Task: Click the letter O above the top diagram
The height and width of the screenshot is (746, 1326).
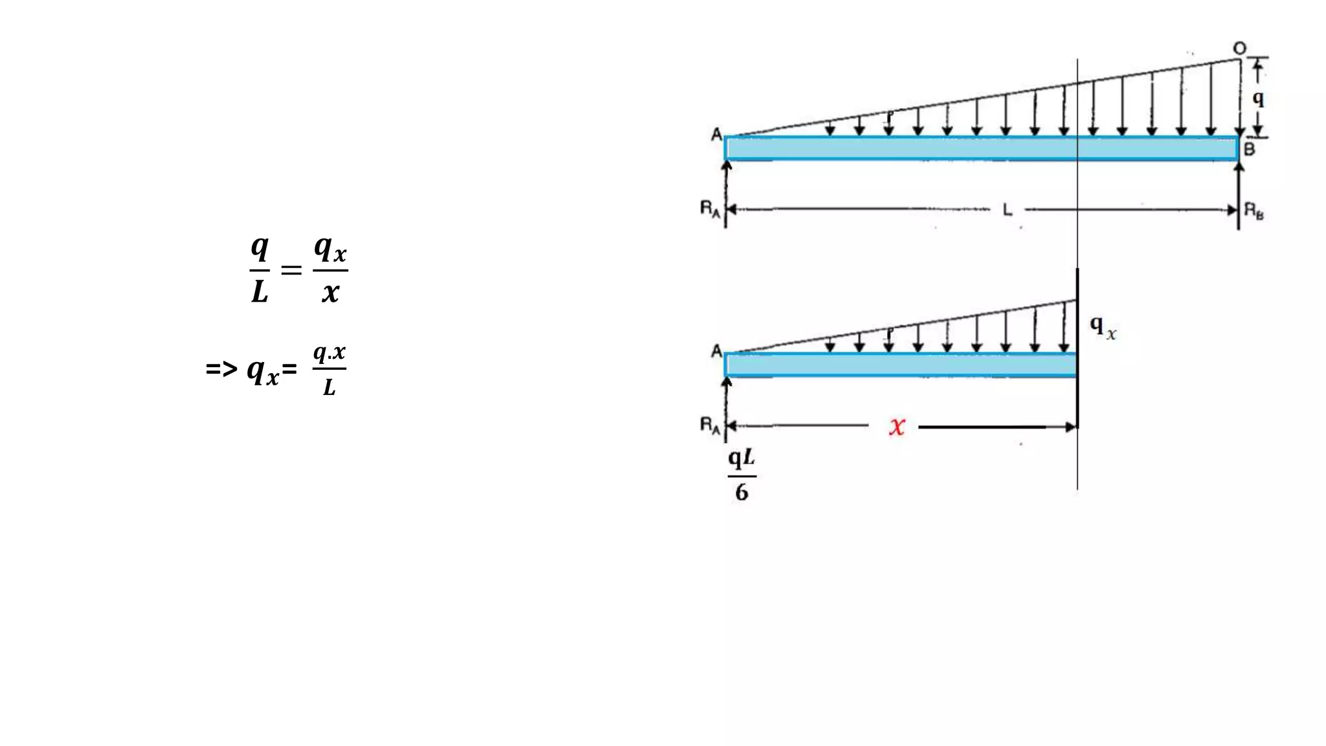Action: (1239, 49)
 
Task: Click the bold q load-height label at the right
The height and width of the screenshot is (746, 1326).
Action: (1258, 98)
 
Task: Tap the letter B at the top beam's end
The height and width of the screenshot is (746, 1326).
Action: (1250, 149)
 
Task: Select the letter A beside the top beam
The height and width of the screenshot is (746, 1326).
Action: (716, 135)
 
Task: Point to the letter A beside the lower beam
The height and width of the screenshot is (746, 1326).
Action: (716, 351)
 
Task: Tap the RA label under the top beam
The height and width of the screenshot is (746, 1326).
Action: (710, 209)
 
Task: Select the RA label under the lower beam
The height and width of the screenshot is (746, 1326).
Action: (710, 425)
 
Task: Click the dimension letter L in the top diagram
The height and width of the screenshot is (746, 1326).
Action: (1007, 210)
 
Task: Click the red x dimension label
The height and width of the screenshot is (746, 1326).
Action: (897, 426)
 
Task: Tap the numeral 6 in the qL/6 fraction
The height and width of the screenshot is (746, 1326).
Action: (742, 493)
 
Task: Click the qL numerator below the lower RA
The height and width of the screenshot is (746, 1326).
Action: (741, 458)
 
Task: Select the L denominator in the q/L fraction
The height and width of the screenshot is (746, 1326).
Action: (260, 292)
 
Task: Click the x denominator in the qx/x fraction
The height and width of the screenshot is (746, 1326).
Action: (330, 293)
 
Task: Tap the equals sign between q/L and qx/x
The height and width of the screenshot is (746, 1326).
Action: (291, 269)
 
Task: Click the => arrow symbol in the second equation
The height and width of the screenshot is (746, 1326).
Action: (221, 370)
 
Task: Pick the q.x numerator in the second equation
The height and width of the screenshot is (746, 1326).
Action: (330, 354)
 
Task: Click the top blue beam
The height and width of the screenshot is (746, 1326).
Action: (981, 148)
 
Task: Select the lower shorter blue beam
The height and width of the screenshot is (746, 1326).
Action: (900, 365)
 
